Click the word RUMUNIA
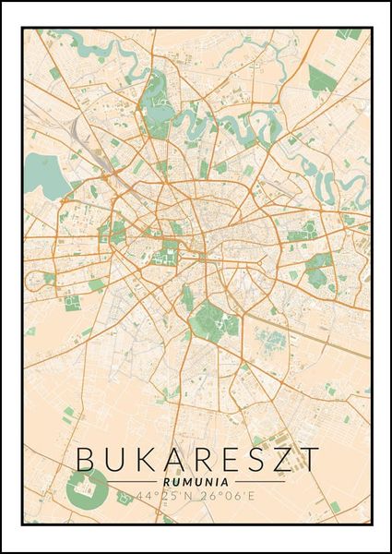(196, 480)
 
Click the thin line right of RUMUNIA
(254, 481)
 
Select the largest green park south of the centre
(213, 322)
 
